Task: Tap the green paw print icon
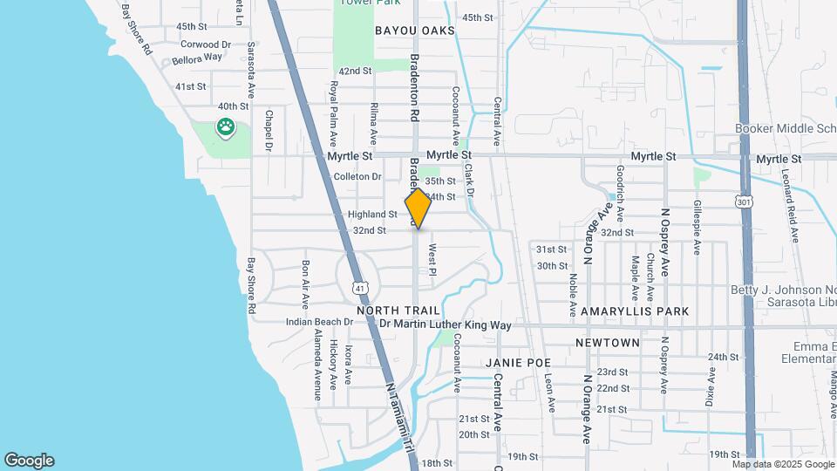(x=225, y=127)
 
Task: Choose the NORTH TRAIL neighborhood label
(x=392, y=311)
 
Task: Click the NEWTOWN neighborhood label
(x=608, y=343)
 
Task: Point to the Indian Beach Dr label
(x=319, y=322)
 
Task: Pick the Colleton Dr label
(x=357, y=176)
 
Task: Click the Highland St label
(x=372, y=215)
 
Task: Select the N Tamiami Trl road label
(x=401, y=419)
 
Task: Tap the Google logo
(x=29, y=461)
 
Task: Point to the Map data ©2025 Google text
(x=784, y=463)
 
